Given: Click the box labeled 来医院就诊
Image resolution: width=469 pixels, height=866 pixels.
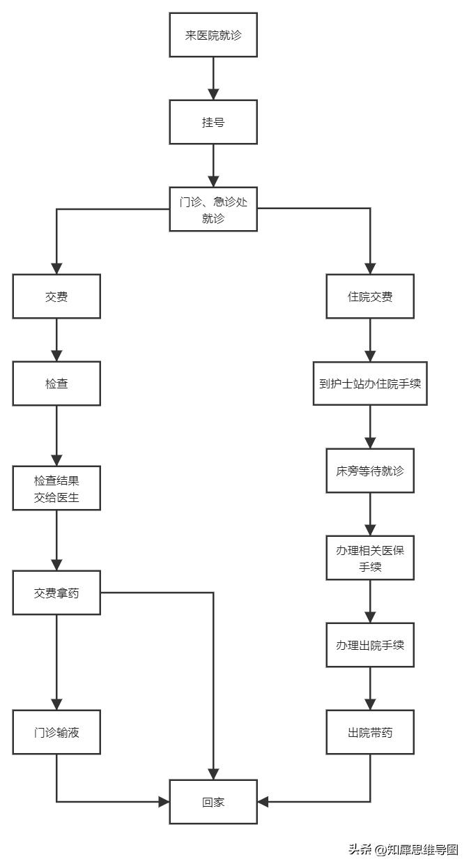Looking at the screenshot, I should click(x=213, y=35).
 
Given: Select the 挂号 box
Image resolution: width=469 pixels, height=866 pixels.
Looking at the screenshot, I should click(x=213, y=122).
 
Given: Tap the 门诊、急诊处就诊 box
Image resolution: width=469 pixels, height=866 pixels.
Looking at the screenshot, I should click(x=213, y=209).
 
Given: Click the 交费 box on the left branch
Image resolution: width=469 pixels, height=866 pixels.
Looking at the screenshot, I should click(x=56, y=296).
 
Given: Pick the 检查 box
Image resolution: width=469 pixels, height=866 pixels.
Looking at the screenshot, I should click(x=56, y=383).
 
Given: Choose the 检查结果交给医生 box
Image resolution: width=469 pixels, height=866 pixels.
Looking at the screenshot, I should click(x=56, y=488).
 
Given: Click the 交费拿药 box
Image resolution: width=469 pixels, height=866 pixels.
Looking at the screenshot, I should click(x=56, y=593).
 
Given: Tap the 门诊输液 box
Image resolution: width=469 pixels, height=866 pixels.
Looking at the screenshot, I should click(x=56, y=732).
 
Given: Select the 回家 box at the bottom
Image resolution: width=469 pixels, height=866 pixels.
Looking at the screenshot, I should click(x=213, y=802).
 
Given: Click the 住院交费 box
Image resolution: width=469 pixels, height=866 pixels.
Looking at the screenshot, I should click(x=370, y=296).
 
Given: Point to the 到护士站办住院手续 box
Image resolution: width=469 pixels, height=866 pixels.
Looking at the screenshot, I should click(x=370, y=383).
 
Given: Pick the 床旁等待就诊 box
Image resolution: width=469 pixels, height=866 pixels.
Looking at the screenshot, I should click(x=370, y=471).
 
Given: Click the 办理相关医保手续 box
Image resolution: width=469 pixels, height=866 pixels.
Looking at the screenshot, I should click(x=370, y=558).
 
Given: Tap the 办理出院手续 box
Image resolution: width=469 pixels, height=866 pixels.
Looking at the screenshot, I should click(x=370, y=645).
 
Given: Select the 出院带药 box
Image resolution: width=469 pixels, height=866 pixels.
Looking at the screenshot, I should click(x=370, y=732).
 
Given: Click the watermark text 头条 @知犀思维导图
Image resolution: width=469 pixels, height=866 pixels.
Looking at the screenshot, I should click(x=403, y=849).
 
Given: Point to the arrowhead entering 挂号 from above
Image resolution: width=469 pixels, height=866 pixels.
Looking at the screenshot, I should click(x=213, y=94).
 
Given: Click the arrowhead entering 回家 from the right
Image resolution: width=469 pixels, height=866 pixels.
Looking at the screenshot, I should click(x=263, y=802).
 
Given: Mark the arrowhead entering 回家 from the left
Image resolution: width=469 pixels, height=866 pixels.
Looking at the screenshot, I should click(x=164, y=802).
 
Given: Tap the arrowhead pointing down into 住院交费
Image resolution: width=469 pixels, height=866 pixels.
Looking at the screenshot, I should click(x=370, y=268).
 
